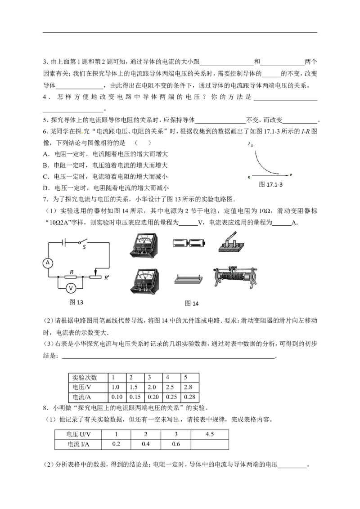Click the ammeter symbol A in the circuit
tap(48, 263)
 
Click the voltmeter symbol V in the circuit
tap(71, 288)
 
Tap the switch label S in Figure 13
tap(84, 247)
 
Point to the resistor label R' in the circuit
tap(107, 278)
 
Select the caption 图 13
tap(76, 302)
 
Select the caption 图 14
tap(192, 304)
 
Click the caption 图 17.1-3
tap(270, 184)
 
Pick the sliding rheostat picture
tap(235, 277)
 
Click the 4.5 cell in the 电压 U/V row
tap(210, 434)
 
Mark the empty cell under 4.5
tap(210, 444)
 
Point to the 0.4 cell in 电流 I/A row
tap(145, 444)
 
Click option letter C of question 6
tap(46, 177)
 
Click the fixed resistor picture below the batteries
tap(189, 279)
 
